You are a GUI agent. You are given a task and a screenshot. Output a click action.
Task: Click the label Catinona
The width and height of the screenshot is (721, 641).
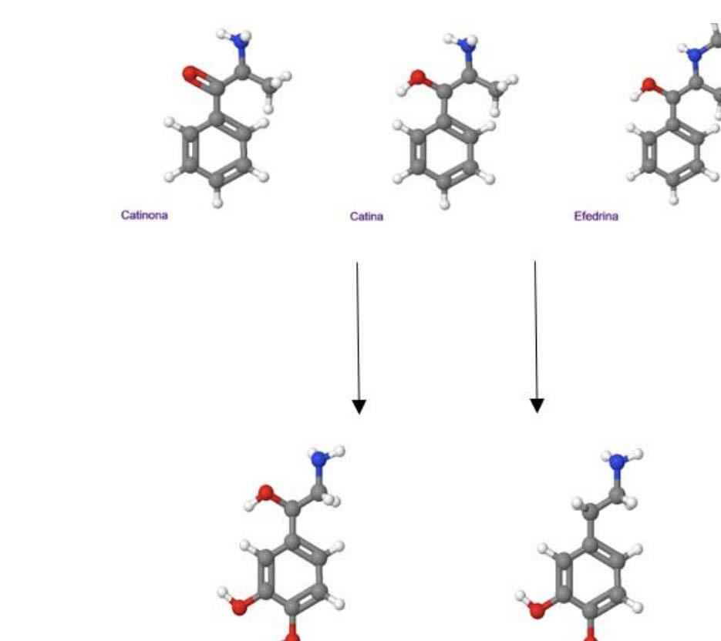tap(143, 215)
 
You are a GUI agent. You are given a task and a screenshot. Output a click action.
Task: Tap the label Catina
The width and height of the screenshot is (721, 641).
tap(366, 216)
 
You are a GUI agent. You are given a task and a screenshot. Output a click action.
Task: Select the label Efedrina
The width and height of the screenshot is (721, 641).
tap(596, 216)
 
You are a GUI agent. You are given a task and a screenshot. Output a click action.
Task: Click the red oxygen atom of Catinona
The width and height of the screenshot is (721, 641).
tap(191, 74)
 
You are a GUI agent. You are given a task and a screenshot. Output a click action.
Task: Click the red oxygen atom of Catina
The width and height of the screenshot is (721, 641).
tap(418, 77)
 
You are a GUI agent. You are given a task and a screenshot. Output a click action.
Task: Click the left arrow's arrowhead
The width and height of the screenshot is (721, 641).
tap(359, 406)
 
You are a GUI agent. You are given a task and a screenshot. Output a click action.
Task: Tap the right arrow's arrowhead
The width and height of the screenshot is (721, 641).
tap(537, 404)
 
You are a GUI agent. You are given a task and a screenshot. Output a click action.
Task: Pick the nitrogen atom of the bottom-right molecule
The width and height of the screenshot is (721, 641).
tap(616, 462)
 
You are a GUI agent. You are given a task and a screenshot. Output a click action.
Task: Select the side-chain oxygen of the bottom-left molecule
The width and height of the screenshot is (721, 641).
tap(266, 493)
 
